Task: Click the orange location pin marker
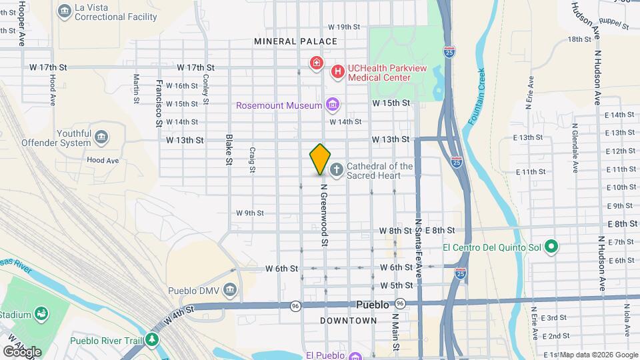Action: click(320, 159)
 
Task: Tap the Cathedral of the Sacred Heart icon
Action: click(337, 170)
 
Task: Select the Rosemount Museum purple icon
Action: click(332, 105)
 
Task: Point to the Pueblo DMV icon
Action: click(230, 290)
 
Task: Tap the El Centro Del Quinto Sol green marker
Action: click(551, 247)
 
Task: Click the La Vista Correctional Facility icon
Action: click(65, 11)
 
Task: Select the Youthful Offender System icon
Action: click(101, 137)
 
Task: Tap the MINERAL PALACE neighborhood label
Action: click(296, 41)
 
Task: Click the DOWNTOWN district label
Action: click(349, 321)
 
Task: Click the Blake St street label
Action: click(229, 149)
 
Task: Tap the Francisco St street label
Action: click(159, 103)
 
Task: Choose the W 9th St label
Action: click(250, 213)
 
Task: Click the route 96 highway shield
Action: click(295, 305)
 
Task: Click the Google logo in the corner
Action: click(22, 351)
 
